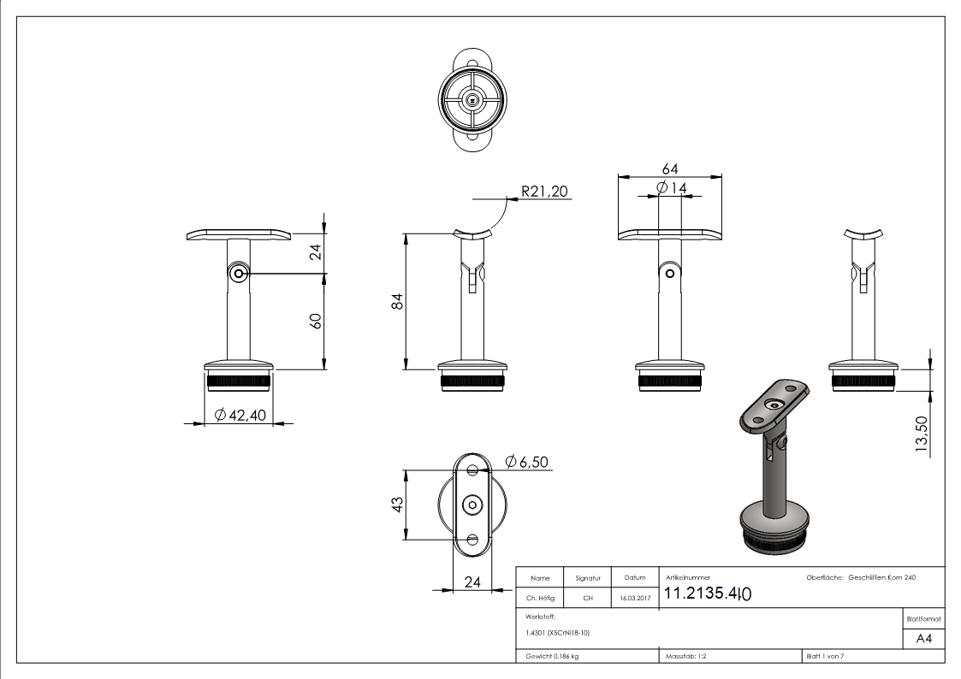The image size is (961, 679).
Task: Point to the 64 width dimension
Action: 670,169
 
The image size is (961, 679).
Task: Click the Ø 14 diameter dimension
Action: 671,187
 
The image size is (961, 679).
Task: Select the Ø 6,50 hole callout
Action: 526,462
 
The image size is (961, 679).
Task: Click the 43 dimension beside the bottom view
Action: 396,505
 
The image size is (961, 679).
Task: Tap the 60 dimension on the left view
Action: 315,322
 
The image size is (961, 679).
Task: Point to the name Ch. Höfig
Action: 541,599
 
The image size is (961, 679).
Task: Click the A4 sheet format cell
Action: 923,639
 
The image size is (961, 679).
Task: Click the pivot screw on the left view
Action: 239,274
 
